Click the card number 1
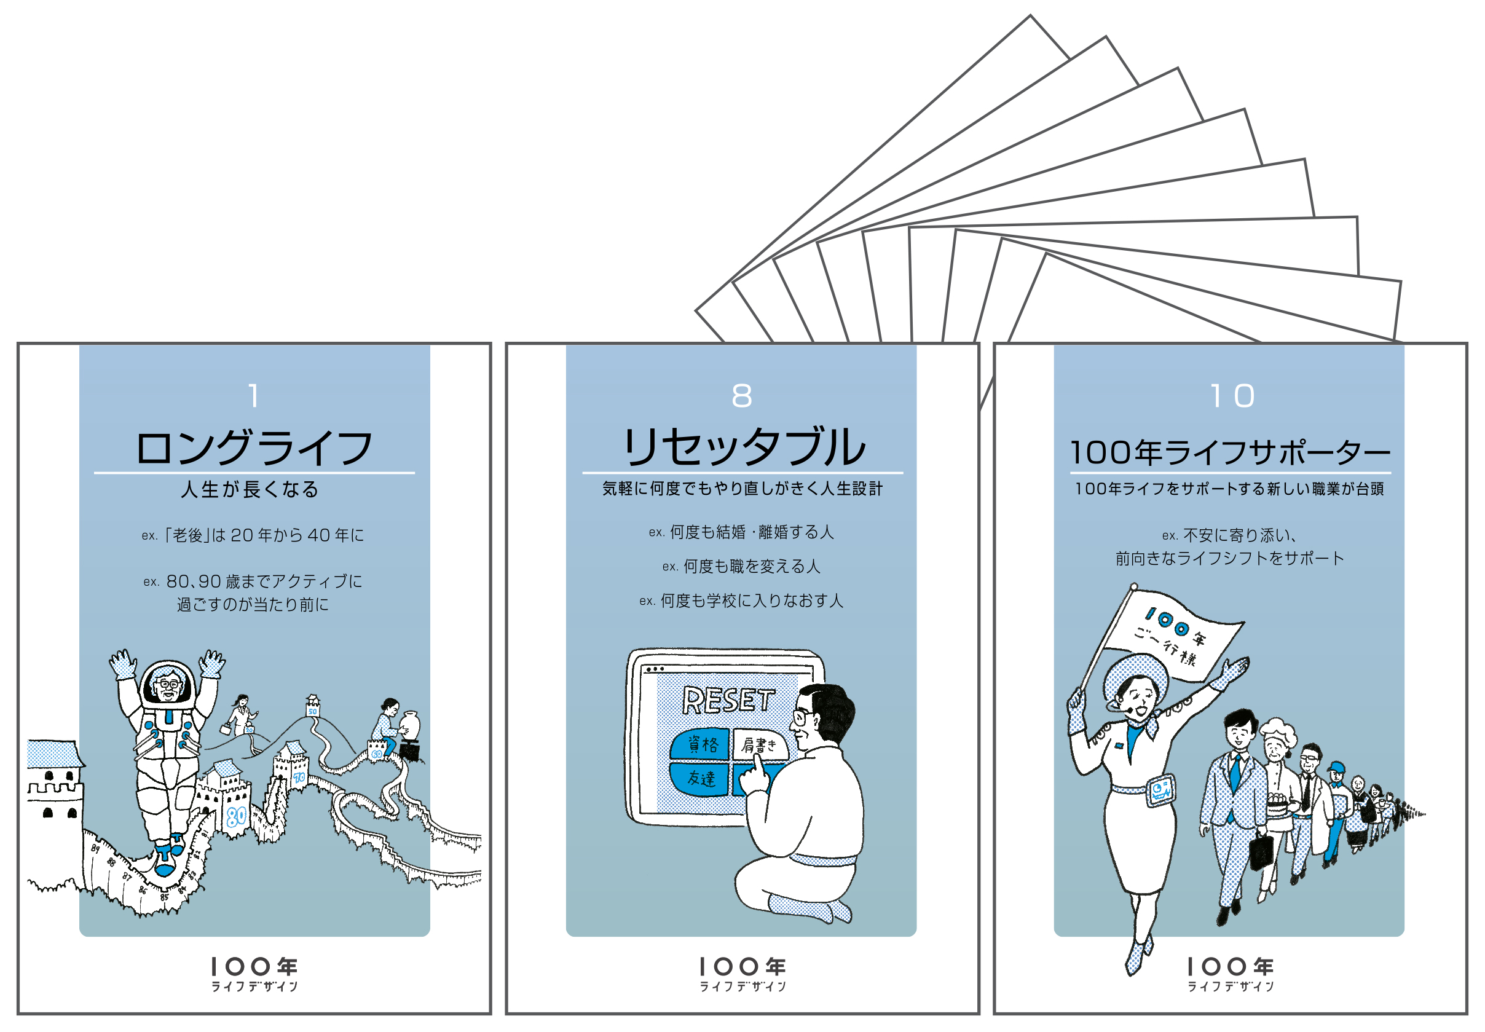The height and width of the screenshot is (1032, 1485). (253, 395)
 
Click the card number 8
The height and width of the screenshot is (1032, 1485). (741, 395)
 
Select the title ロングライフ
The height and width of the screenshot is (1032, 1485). (253, 447)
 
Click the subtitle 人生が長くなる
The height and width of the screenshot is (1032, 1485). (250, 489)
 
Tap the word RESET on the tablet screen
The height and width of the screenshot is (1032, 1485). (728, 699)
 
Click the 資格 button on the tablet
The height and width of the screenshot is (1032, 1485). (701, 744)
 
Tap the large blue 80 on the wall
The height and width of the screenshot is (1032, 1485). (236, 816)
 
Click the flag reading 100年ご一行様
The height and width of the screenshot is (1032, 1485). (1172, 637)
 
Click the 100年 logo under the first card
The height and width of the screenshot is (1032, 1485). (253, 973)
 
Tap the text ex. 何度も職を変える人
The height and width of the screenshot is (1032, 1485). (741, 567)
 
